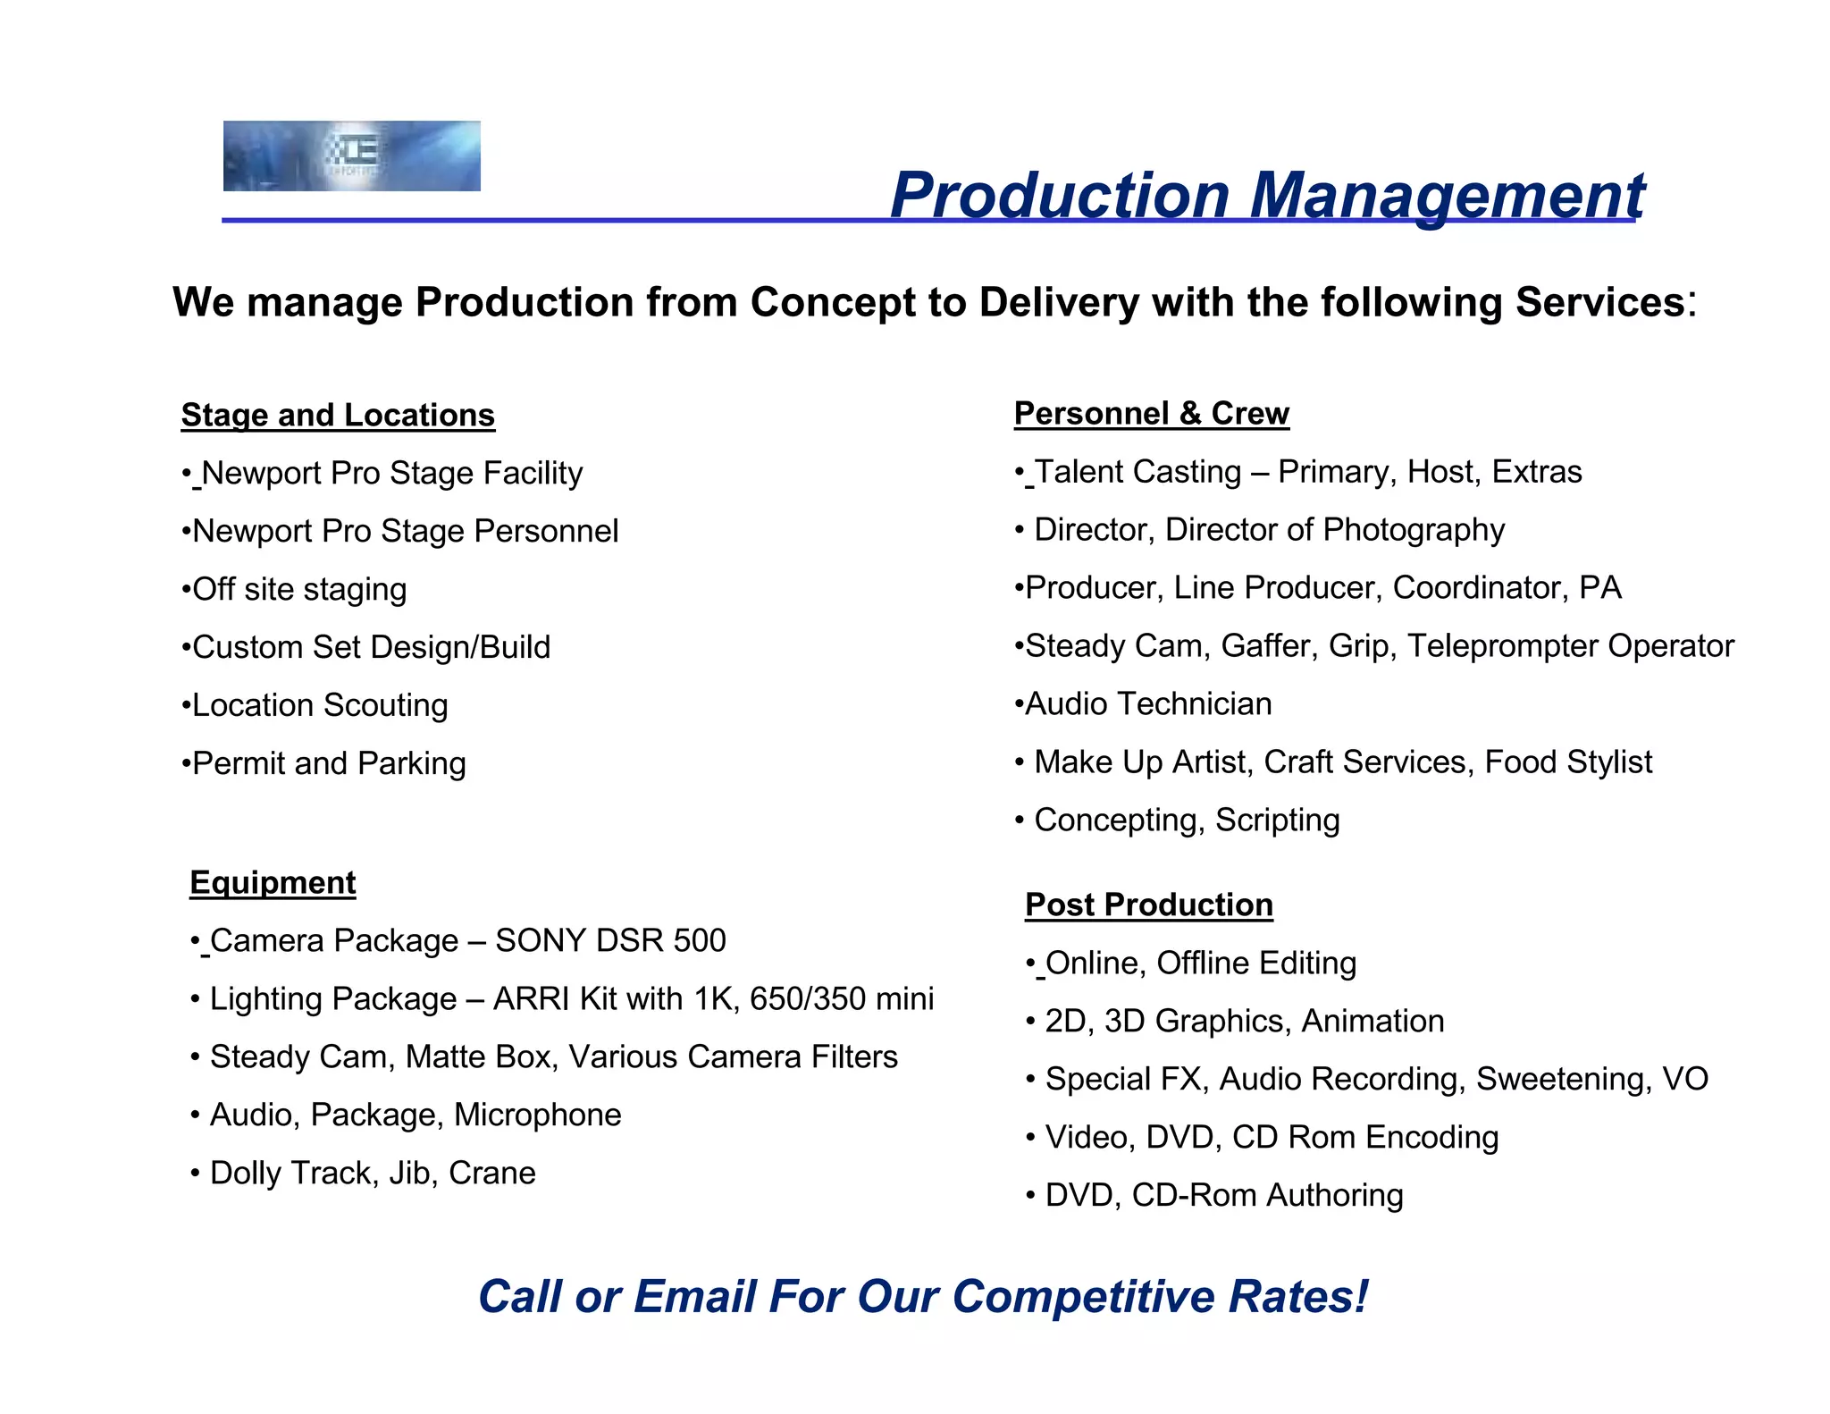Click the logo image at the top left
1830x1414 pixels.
click(351, 156)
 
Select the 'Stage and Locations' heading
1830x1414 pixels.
click(338, 416)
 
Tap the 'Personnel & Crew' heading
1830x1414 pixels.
click(1151, 414)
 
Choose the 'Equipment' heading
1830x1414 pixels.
click(273, 883)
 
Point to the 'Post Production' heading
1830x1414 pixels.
click(1149, 905)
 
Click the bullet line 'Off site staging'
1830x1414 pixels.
click(295, 590)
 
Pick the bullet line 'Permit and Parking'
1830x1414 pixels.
click(324, 764)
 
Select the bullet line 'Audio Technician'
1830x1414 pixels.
click(1144, 704)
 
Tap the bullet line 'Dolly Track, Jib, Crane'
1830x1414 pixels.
click(365, 1174)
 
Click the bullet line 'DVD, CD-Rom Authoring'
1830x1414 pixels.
click(1216, 1196)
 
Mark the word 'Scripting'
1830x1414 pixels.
click(1277, 821)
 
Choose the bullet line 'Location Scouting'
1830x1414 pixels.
click(315, 706)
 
